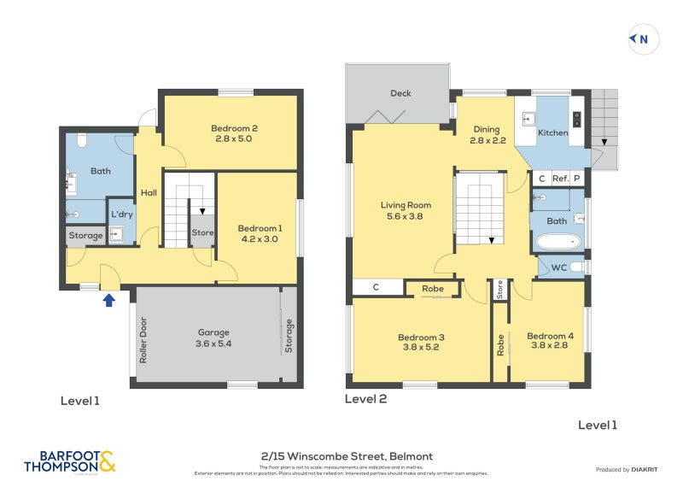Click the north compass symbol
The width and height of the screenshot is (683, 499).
point(639,38)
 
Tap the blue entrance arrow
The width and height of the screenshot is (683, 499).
point(108,299)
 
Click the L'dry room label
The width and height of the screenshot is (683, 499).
point(120,214)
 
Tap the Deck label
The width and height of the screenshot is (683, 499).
point(400,94)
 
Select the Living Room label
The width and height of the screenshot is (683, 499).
point(406,205)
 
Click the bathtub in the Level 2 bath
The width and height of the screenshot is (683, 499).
point(558,242)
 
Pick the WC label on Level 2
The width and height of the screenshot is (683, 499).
point(558,267)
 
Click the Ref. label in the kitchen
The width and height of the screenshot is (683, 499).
point(560,179)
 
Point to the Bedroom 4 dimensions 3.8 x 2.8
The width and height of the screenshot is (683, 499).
point(550,347)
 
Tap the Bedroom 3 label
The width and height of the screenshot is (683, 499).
point(421,337)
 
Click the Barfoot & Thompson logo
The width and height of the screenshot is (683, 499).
point(69,461)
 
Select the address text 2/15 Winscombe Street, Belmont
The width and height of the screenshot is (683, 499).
point(341,456)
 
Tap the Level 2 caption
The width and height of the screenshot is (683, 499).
point(365,398)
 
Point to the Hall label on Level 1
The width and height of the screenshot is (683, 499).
point(149,193)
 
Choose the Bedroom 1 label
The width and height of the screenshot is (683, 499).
point(260,228)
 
